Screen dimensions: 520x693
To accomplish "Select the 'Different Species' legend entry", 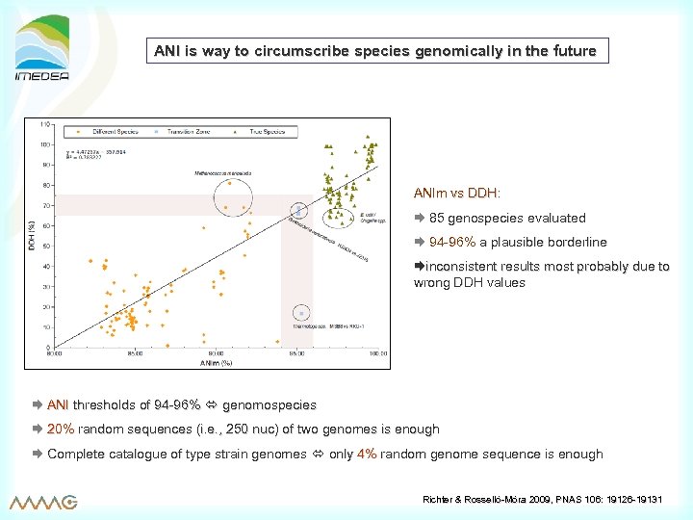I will tap(113, 130).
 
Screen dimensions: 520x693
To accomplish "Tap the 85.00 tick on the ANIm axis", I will tap(135, 354).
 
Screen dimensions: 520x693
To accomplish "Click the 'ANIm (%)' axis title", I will tap(216, 363).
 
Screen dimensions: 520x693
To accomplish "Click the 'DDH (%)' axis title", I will tap(32, 234).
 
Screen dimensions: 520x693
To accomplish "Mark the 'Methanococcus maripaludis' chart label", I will tap(224, 173).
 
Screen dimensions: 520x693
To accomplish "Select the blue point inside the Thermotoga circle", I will tap(301, 313).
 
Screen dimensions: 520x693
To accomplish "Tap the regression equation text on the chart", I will tap(97, 155).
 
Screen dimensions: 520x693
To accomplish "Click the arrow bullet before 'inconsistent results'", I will tap(419, 266).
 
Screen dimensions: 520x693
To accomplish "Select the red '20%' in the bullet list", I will tap(61, 429).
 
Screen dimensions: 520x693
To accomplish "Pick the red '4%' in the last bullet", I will tap(366, 455).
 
